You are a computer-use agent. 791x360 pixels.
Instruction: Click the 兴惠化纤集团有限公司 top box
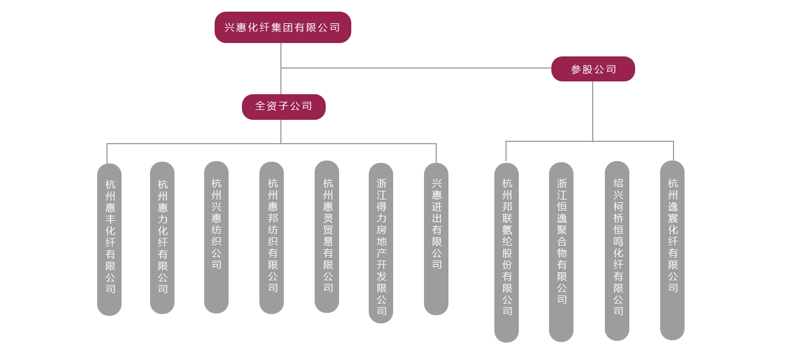283,27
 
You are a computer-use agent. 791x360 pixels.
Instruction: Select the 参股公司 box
593,69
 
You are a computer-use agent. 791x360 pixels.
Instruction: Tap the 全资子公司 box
284,106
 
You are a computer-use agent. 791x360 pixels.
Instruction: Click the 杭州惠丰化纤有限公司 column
109,238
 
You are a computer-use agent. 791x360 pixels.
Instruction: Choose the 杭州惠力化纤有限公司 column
162,237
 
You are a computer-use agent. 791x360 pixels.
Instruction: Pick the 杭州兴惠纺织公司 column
216,237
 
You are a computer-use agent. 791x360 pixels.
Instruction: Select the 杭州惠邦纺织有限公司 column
272,237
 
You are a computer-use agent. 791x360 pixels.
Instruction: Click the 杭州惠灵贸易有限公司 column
327,236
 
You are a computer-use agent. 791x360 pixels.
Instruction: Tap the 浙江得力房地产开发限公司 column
381,243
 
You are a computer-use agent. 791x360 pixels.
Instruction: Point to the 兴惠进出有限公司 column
436,238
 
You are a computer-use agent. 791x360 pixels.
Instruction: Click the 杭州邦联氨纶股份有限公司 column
507,252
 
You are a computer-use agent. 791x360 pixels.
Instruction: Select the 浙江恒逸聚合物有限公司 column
561,252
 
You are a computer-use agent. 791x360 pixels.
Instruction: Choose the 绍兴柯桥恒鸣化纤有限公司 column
617,251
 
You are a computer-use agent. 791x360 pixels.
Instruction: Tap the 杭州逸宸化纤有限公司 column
672,250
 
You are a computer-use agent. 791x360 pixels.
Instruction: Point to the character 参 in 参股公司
576,69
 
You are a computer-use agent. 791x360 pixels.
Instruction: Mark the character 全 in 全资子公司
261,106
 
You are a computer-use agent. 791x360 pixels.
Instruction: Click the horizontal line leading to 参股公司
416,68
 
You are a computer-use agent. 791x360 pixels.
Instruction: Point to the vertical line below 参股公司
593,111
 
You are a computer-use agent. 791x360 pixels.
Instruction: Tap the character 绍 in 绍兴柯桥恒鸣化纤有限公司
618,183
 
